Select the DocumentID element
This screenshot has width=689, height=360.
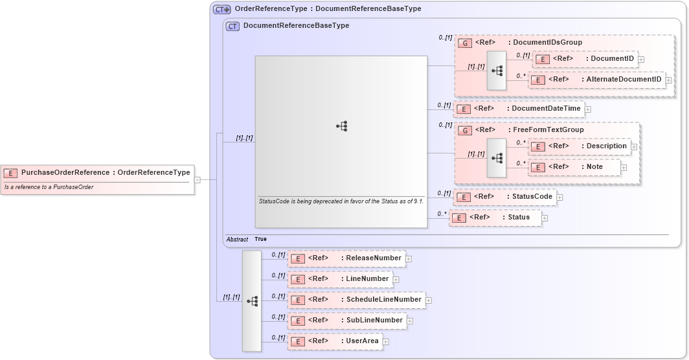[x=584, y=59]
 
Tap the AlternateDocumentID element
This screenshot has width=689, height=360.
[x=596, y=80]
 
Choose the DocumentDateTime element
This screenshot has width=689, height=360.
[x=518, y=109]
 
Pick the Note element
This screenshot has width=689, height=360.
[x=574, y=167]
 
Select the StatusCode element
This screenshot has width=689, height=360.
[x=504, y=197]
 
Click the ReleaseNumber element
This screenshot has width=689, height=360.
[x=346, y=258]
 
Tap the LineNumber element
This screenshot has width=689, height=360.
[x=340, y=279]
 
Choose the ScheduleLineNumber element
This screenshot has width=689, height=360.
[x=356, y=300]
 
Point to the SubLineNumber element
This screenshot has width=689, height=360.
[x=346, y=321]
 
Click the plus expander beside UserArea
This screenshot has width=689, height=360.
[x=386, y=342]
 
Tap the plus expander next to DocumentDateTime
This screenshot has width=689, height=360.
[x=588, y=109]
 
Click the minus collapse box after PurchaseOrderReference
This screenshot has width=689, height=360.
[x=197, y=180]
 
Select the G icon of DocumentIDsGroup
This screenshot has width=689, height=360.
[x=464, y=43]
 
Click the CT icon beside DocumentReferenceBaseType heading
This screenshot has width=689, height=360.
[x=232, y=26]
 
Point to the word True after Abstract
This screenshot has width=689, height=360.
[x=260, y=240]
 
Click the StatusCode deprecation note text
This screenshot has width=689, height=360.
[x=341, y=201]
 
